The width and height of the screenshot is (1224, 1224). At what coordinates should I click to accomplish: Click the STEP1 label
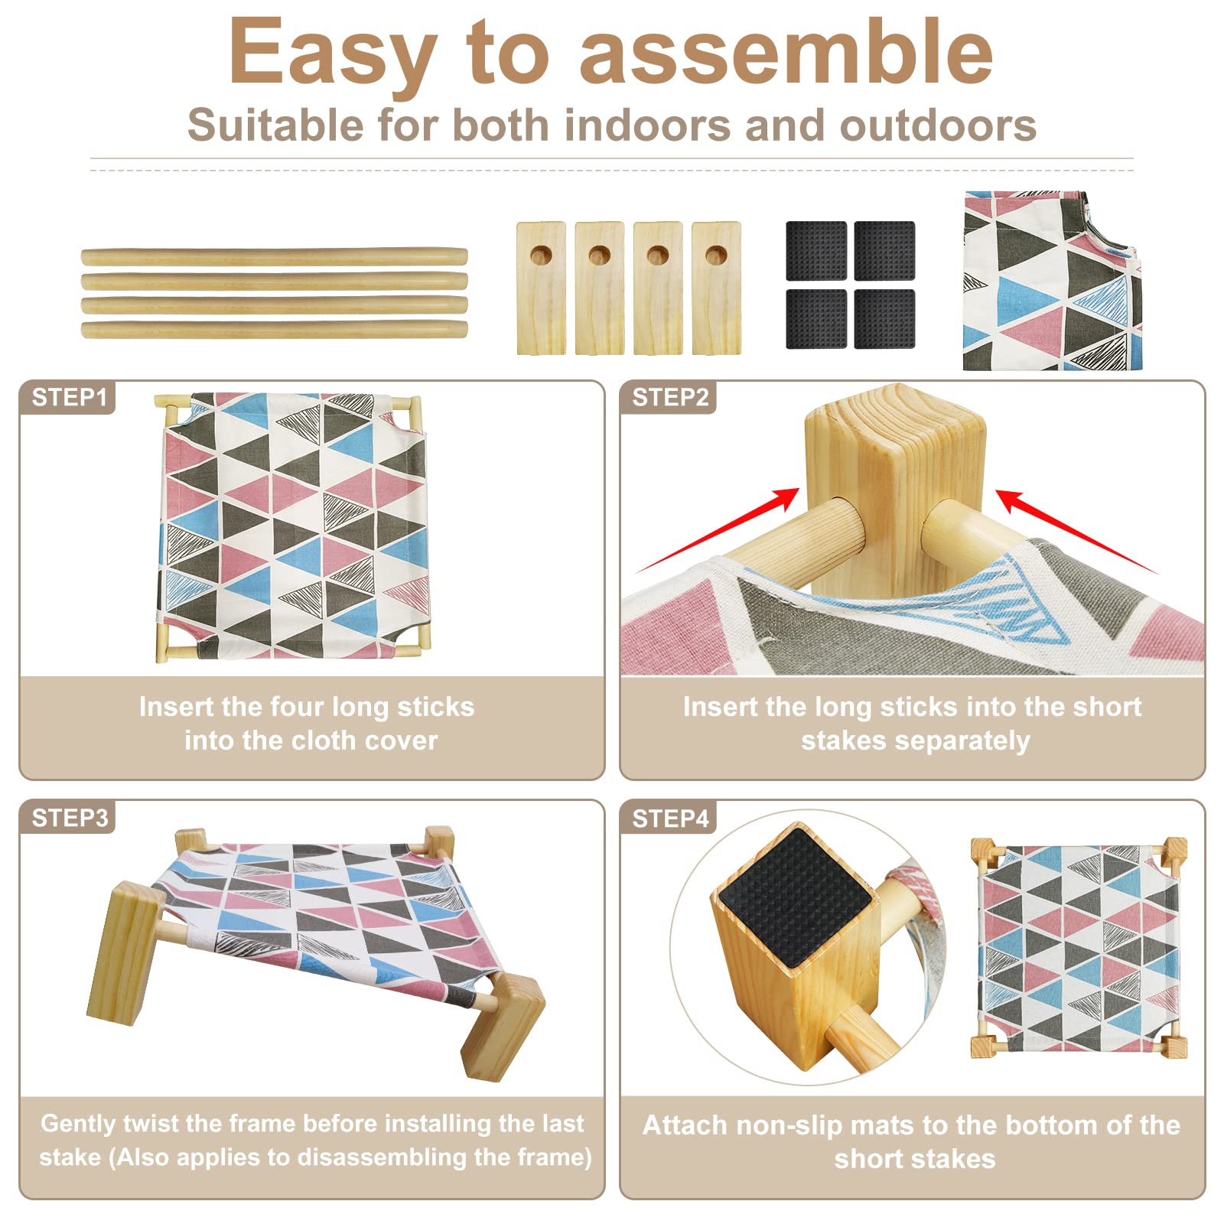69,398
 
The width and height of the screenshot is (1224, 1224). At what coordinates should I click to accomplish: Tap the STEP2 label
670,398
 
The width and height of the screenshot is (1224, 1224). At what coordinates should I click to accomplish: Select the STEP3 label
70,818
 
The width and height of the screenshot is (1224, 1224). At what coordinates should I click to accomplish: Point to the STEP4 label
671,819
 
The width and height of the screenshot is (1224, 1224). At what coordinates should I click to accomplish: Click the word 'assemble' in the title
786,52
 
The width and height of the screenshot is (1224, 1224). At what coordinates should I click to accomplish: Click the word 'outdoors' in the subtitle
938,125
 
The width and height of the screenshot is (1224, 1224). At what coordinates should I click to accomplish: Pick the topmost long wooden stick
274,256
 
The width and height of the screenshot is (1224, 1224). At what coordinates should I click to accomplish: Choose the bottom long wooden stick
274,330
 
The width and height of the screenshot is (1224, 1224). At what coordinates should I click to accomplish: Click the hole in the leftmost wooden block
541,255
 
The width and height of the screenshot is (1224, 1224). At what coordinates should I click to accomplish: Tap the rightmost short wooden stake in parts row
716,288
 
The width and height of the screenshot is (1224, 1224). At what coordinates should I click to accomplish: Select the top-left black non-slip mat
816,251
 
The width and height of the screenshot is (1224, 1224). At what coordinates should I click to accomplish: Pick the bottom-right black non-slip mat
884,318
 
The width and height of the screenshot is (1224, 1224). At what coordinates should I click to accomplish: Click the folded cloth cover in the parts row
1053,281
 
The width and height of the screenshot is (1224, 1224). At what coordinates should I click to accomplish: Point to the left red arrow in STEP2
718,530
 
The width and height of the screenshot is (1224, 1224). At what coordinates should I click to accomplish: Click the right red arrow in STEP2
1077,532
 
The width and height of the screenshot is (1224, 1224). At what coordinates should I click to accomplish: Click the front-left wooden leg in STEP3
125,953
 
